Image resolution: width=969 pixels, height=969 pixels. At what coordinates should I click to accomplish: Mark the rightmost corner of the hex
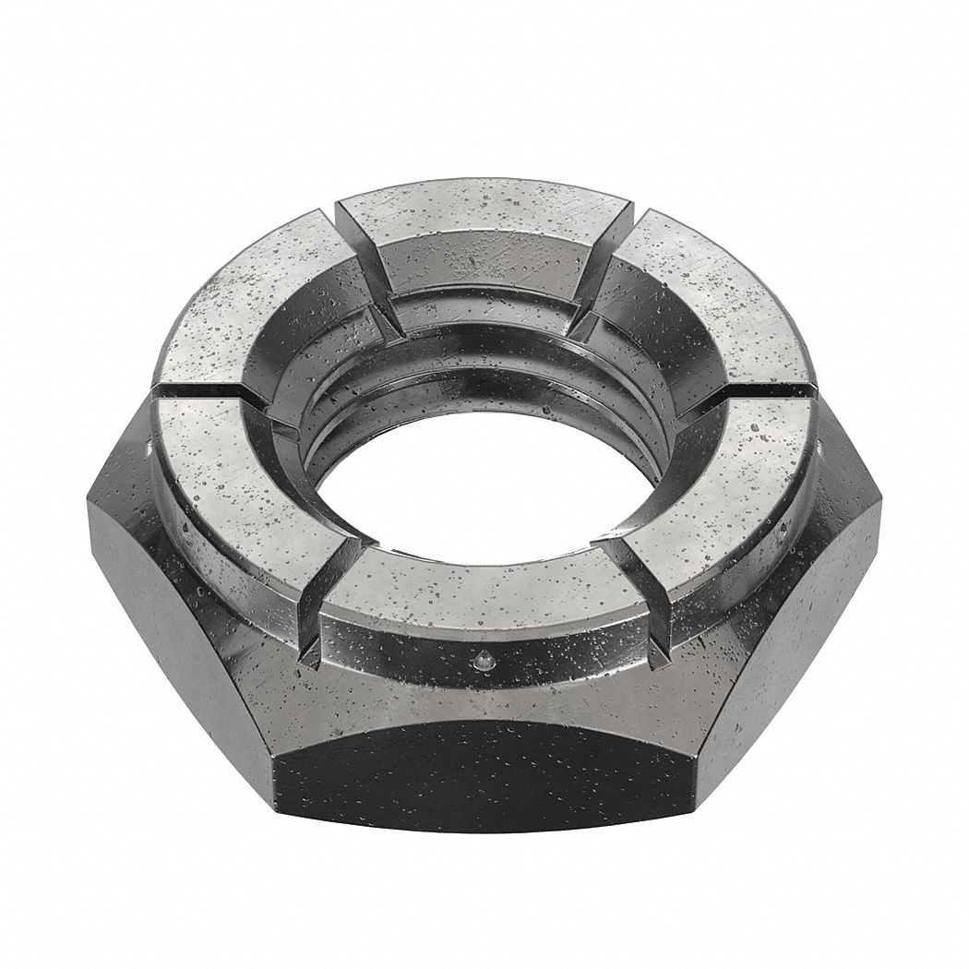tap(877, 489)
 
